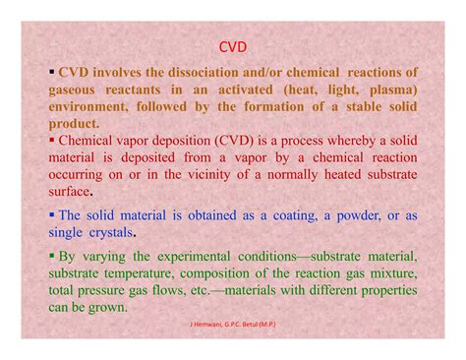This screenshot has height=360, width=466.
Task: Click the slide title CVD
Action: [x=233, y=45]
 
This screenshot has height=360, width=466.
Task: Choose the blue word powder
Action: [x=369, y=215]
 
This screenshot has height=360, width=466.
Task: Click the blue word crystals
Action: [x=110, y=233]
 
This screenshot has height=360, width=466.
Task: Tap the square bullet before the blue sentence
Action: [x=51, y=213]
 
